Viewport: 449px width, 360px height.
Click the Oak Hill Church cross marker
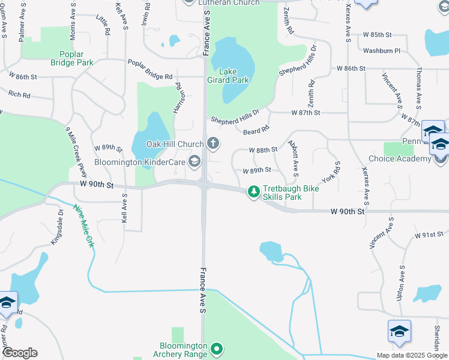point(212,143)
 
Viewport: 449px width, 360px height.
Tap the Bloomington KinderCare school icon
point(194,161)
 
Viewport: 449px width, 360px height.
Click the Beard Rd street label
point(256,128)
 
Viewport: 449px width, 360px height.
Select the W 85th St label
point(377,35)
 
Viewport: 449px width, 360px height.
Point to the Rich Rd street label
point(20,94)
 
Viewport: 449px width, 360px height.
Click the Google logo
point(20,352)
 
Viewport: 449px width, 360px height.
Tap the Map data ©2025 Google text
point(412,355)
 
